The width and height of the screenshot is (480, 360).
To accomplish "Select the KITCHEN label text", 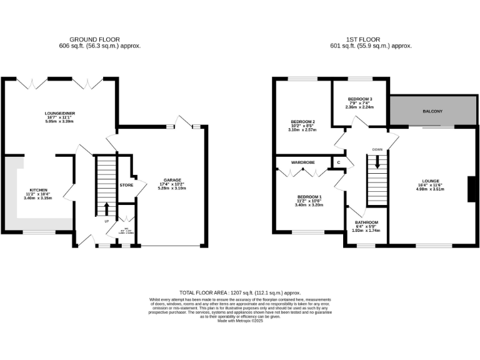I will (39, 190).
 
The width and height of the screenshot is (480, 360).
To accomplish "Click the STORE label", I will (126, 186).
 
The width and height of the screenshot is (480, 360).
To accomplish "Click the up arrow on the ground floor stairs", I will (106, 209).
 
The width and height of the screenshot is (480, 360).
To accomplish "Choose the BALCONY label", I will (432, 111).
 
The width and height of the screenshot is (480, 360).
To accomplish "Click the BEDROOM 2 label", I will (302, 122).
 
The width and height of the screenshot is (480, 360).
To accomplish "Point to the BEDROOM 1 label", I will (308, 196).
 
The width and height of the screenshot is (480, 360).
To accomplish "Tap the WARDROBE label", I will (303, 162).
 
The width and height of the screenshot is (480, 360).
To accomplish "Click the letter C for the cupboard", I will (339, 163).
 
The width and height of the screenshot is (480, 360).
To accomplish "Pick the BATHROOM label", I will (366, 222).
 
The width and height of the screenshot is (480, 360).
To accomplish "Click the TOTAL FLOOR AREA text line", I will (240, 292).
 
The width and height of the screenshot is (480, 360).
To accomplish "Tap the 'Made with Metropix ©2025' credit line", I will (240, 321).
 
